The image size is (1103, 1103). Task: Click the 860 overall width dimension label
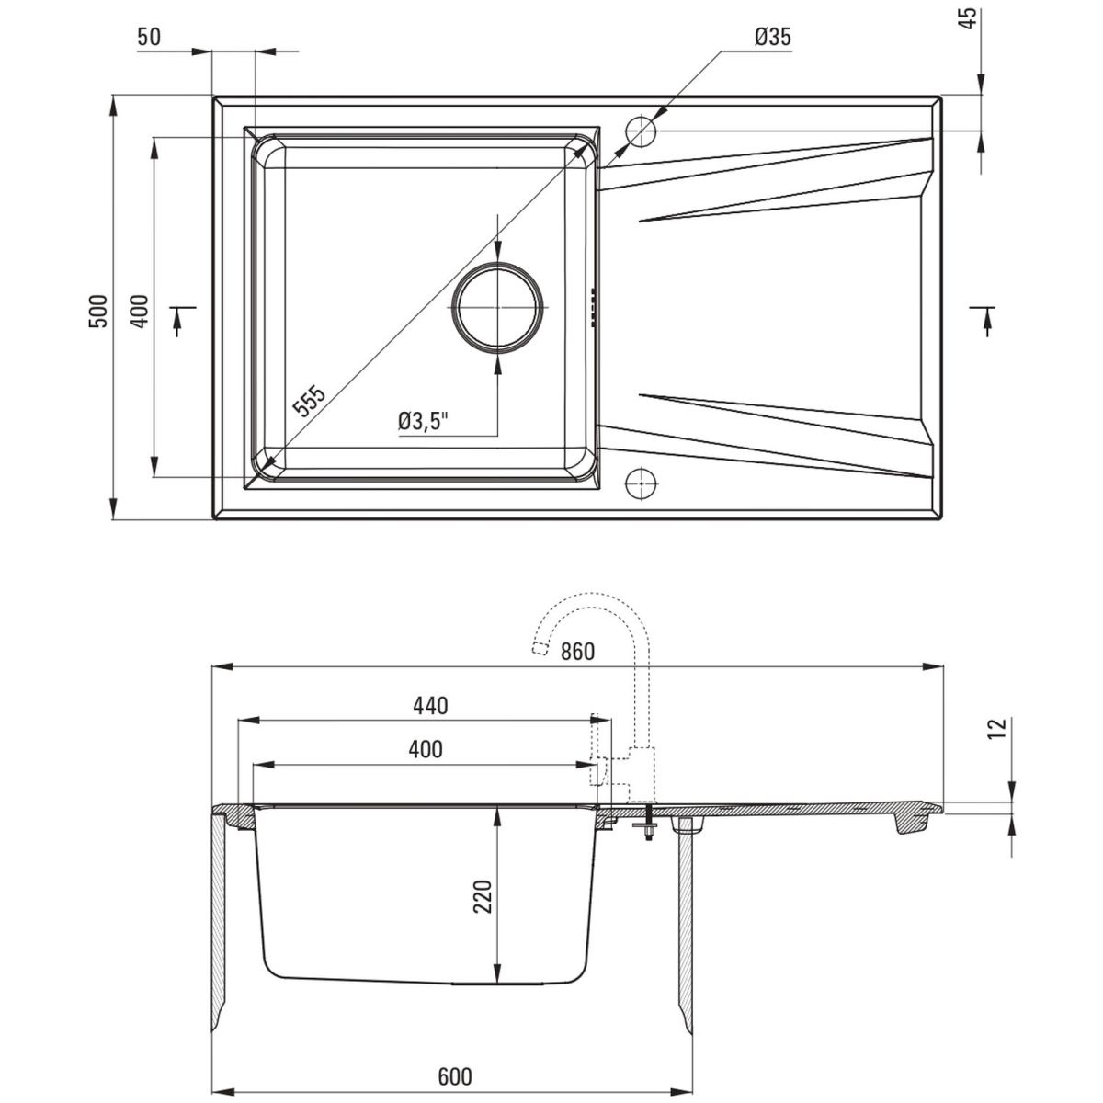click(x=577, y=652)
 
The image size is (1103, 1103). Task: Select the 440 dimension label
click(x=430, y=706)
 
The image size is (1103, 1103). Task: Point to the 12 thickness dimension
click(x=997, y=728)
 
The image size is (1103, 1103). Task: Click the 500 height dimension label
click(x=97, y=311)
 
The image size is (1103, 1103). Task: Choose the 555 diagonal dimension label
click(x=309, y=399)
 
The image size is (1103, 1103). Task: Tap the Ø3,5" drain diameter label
click(x=423, y=422)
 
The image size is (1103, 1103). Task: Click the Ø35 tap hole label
click(x=773, y=37)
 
